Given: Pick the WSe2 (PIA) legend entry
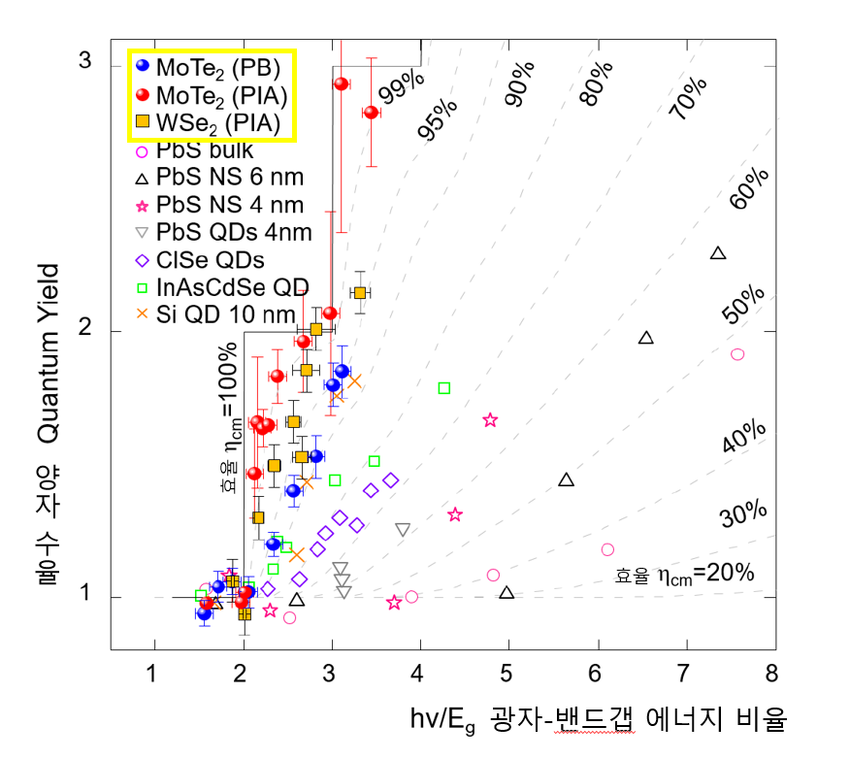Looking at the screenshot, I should click(208, 122).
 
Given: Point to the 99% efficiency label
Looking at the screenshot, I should click(397, 91).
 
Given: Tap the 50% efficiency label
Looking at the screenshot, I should click(744, 306).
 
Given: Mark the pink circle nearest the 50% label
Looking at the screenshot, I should click(737, 354).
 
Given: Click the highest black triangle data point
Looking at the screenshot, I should click(718, 253).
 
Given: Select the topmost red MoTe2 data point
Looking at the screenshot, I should click(341, 83).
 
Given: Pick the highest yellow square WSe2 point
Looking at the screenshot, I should click(360, 292).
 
